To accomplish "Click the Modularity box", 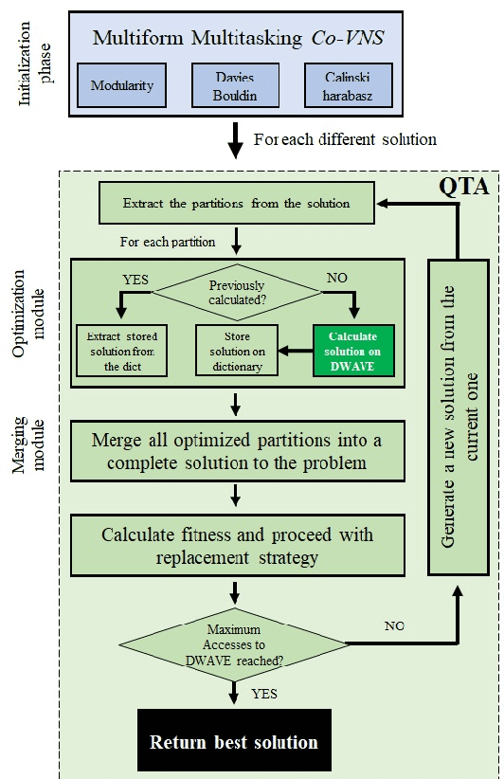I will point(123,85).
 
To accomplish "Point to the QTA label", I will point(465,187).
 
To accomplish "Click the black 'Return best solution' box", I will point(234,740).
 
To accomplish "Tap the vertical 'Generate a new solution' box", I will point(459,417).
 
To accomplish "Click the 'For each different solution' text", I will point(345,139).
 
